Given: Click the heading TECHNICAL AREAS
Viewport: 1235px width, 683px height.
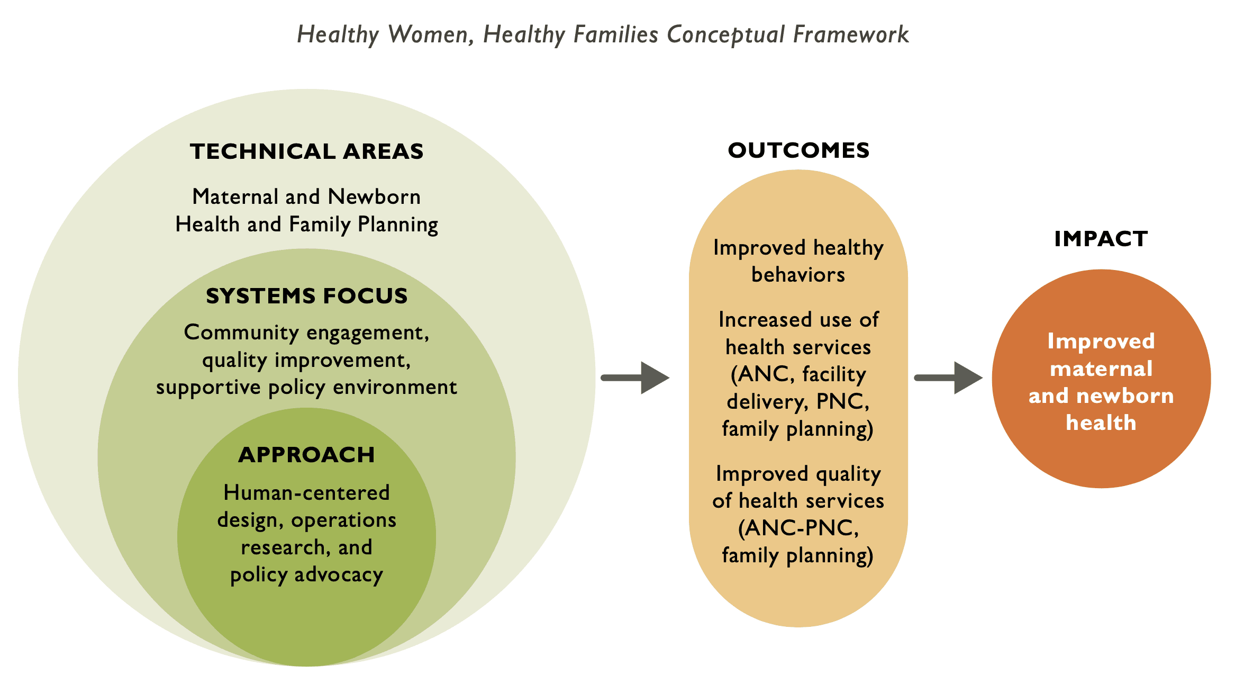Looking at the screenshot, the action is pos(306,151).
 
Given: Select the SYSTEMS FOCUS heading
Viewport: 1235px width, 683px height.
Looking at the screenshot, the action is pos(306,296).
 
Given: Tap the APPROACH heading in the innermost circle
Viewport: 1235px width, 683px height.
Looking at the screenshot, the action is pos(306,455).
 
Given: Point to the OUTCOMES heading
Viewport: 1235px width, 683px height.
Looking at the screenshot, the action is pos(798,150).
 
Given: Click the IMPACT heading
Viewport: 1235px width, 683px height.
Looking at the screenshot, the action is pos(1101,239).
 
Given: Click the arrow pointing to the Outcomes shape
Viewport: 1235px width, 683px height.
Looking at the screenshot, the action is pos(635,378).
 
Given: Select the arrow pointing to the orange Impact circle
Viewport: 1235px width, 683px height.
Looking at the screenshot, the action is pos(949,378).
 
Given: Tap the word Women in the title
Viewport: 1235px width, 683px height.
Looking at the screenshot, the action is pos(429,35).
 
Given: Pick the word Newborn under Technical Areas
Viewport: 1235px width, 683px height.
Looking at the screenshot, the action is pos(374,197).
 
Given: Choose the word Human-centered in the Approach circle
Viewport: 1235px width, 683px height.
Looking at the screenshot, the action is pos(306,493).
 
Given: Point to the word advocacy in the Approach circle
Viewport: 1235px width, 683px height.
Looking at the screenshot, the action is pos(339,575).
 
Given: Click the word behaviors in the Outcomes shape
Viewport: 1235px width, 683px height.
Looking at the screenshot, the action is pos(798,275).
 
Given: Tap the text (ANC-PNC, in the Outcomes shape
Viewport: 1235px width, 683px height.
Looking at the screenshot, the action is pos(798,528).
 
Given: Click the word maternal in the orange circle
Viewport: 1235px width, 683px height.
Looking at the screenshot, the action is pos(1101,369).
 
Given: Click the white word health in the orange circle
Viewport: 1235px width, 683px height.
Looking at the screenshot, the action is pos(1101,423).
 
